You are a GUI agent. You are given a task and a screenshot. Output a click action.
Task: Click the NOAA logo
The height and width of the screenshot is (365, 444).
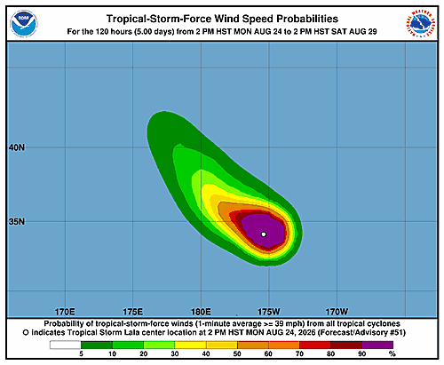24,24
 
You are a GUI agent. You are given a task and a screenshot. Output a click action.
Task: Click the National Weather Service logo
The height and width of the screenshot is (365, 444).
420,24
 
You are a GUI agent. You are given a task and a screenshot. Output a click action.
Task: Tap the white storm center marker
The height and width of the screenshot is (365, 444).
264,234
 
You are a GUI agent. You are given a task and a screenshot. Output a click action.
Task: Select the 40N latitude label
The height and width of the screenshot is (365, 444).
17,147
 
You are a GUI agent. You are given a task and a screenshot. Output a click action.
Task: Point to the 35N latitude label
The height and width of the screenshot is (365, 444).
17,222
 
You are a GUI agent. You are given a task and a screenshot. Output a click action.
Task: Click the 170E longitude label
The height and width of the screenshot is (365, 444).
65,312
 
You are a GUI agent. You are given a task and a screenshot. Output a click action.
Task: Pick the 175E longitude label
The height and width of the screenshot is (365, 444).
133,312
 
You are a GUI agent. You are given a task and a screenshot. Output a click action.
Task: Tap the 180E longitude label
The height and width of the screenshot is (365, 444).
201,312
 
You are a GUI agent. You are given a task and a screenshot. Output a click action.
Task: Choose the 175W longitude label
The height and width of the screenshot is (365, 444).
269,312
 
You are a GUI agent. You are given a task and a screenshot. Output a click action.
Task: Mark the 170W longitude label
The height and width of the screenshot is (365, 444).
337,312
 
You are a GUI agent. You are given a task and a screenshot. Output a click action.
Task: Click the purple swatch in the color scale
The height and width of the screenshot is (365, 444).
377,345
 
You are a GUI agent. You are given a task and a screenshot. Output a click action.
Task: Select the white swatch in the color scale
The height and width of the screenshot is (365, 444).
65,345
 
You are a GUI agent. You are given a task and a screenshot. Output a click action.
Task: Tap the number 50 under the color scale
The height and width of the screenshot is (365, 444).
237,353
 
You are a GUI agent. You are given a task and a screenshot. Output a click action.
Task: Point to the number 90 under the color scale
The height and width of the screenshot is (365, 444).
362,353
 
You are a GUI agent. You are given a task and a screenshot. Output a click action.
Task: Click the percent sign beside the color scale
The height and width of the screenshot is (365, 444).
392,353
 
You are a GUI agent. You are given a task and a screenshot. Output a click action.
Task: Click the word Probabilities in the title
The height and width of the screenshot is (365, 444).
307,19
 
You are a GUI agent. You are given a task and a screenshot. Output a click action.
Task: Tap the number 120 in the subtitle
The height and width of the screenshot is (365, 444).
102,31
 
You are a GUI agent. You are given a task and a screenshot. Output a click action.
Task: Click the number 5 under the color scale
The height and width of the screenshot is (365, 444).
81,353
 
